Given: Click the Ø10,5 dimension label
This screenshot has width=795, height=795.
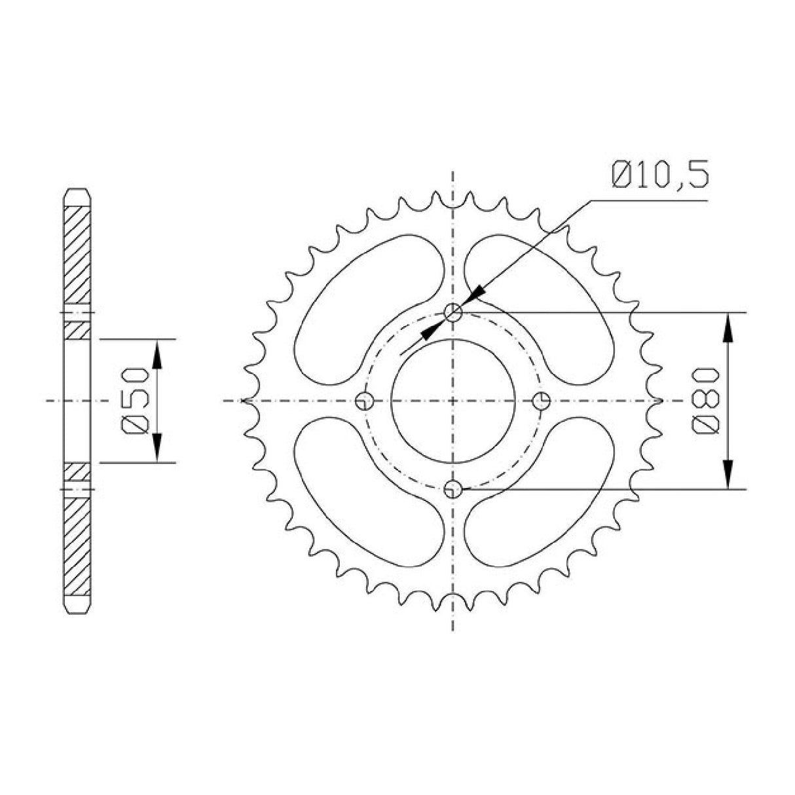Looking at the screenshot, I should [x=659, y=176].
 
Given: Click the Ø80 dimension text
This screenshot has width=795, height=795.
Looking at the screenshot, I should [x=706, y=400].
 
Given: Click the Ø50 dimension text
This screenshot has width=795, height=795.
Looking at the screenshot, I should [x=136, y=400].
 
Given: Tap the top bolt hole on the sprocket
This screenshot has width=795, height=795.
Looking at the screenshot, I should [x=453, y=313].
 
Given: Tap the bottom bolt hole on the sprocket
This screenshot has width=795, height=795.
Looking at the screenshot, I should [x=453, y=489].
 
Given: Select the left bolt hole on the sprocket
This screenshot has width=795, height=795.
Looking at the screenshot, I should [x=364, y=401].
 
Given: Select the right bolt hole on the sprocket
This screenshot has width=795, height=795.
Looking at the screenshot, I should [x=542, y=401].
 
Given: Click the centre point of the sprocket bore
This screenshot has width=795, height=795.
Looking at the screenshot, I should [x=453, y=401].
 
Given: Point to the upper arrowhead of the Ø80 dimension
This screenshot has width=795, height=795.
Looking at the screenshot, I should [x=728, y=327].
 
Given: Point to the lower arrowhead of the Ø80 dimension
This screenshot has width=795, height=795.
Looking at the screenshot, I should [x=728, y=474].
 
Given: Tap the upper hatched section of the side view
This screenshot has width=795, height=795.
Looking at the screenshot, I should [x=77, y=255].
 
